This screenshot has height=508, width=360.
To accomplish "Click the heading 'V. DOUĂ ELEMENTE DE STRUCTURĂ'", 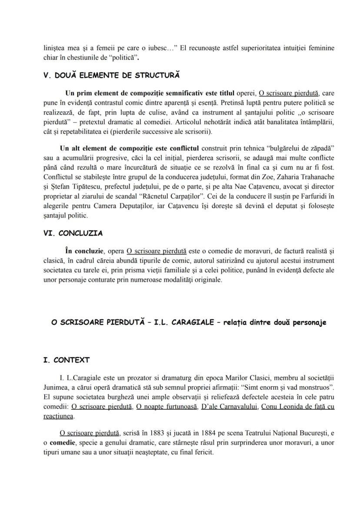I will tap(111, 75).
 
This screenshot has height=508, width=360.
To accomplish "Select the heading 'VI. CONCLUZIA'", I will tap(73, 233).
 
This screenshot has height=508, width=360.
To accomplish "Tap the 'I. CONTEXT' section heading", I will tap(67, 360).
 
